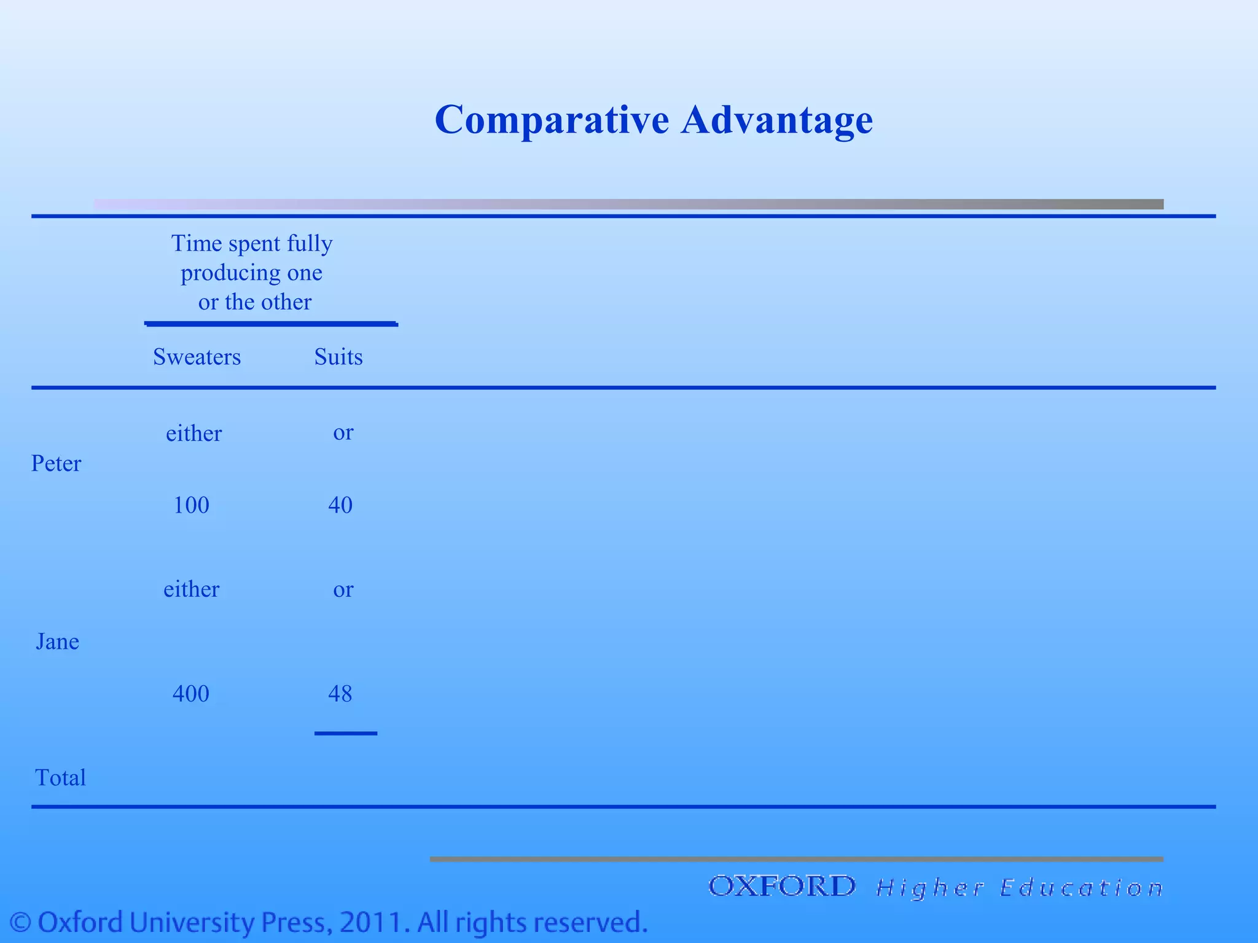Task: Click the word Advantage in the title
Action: pyautogui.click(x=776, y=120)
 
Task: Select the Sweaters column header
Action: pyautogui.click(x=197, y=357)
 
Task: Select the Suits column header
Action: pyautogui.click(x=338, y=357)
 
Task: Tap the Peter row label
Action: pyautogui.click(x=56, y=464)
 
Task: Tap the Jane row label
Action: pyautogui.click(x=57, y=642)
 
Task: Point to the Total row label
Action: pyautogui.click(x=60, y=778)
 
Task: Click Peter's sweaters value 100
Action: pyautogui.click(x=191, y=505)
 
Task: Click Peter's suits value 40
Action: pyautogui.click(x=340, y=505)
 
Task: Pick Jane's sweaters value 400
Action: pyautogui.click(x=190, y=694)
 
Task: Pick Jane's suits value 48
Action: pyautogui.click(x=340, y=694)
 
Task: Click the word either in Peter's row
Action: pyautogui.click(x=193, y=433)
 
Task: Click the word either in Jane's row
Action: pyautogui.click(x=191, y=589)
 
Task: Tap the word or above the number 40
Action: pyautogui.click(x=343, y=433)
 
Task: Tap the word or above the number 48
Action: pyautogui.click(x=343, y=590)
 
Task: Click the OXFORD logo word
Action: pyautogui.click(x=781, y=887)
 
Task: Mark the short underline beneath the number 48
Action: pyautogui.click(x=346, y=733)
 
